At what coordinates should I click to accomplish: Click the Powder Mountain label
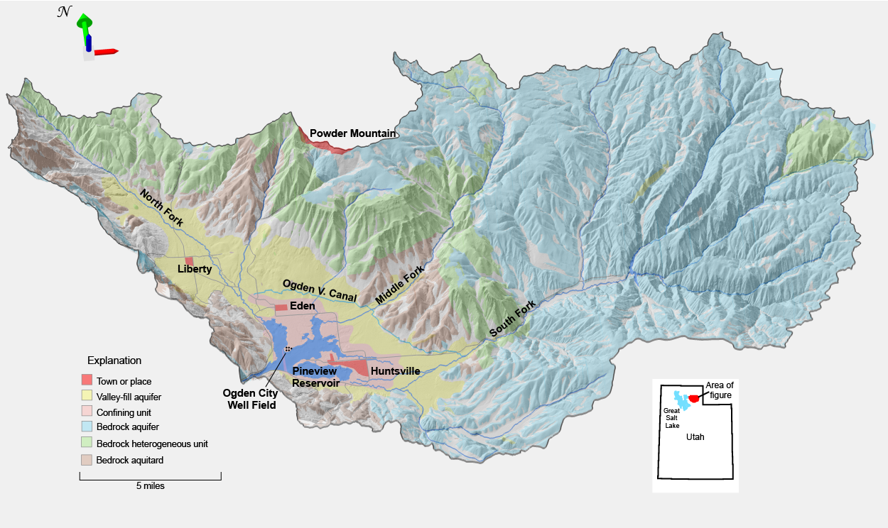(352, 133)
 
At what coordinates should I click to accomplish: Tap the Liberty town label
(194, 269)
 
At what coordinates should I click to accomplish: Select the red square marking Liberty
(189, 261)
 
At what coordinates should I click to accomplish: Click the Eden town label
(302, 306)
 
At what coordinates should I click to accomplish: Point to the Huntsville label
(395, 370)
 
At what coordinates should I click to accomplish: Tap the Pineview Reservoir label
(315, 377)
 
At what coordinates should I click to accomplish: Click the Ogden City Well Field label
(250, 399)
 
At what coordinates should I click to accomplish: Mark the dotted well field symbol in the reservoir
(288, 349)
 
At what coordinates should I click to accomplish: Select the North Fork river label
(161, 208)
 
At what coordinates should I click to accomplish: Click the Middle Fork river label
(399, 285)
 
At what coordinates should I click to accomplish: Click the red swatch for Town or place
(87, 381)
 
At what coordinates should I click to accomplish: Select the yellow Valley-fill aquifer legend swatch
(87, 397)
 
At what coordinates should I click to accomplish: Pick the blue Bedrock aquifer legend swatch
(87, 427)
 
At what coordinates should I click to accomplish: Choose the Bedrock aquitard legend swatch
(87, 459)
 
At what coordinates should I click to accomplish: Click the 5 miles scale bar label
(150, 486)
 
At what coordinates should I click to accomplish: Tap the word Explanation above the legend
(114, 361)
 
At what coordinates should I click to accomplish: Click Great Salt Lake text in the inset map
(672, 418)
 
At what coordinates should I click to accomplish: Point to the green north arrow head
(84, 20)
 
